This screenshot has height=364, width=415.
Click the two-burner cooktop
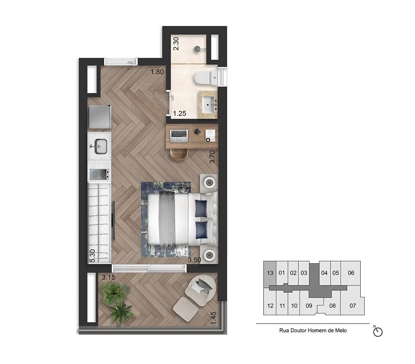click(x=99, y=175)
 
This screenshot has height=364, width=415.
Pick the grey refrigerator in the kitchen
click(x=99, y=117)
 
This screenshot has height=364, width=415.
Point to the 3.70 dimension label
click(x=212, y=157)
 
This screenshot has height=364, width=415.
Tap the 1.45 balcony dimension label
click(x=213, y=318)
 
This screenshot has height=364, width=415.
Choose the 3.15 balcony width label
click(x=109, y=278)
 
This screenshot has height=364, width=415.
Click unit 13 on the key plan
click(x=270, y=273)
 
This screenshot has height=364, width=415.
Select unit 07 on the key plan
click(x=353, y=306)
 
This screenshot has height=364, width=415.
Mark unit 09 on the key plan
click(x=308, y=306)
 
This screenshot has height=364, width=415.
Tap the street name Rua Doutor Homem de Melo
click(x=313, y=331)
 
